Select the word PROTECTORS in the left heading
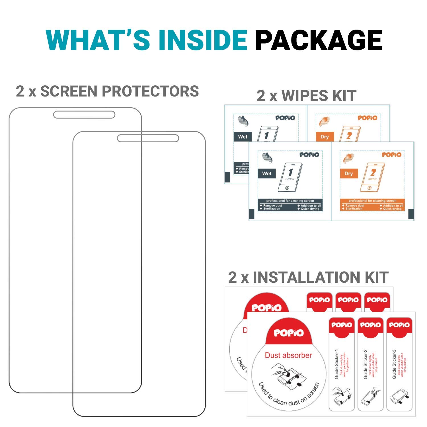click(x=150, y=91)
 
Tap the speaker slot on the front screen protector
click(x=148, y=138)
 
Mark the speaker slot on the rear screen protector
click(x=84, y=115)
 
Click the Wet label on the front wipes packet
click(x=267, y=173)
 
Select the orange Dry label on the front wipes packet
click(x=349, y=173)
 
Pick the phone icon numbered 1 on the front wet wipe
click(x=290, y=177)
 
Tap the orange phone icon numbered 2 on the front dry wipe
click(x=372, y=177)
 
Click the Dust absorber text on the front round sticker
click(x=288, y=355)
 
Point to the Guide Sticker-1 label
click(x=336, y=364)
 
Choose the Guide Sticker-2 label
click(x=366, y=364)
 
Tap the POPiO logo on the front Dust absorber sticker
click(x=289, y=333)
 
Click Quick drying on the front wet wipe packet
click(x=310, y=209)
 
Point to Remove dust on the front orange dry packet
click(x=355, y=206)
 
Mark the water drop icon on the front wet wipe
click(x=267, y=157)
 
